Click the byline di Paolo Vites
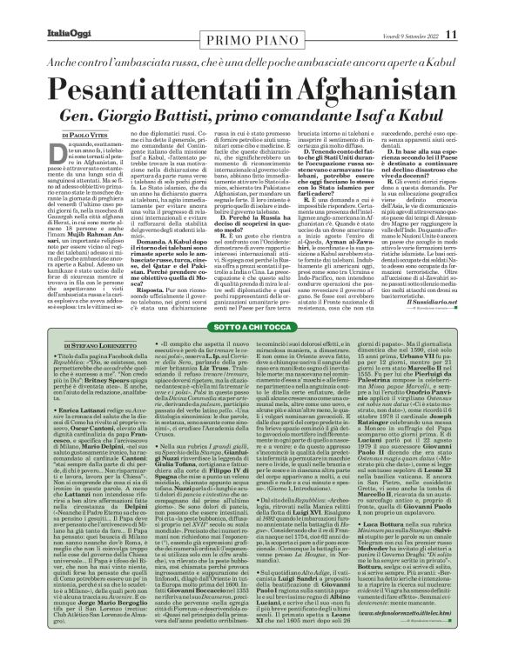click(x=52, y=109)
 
